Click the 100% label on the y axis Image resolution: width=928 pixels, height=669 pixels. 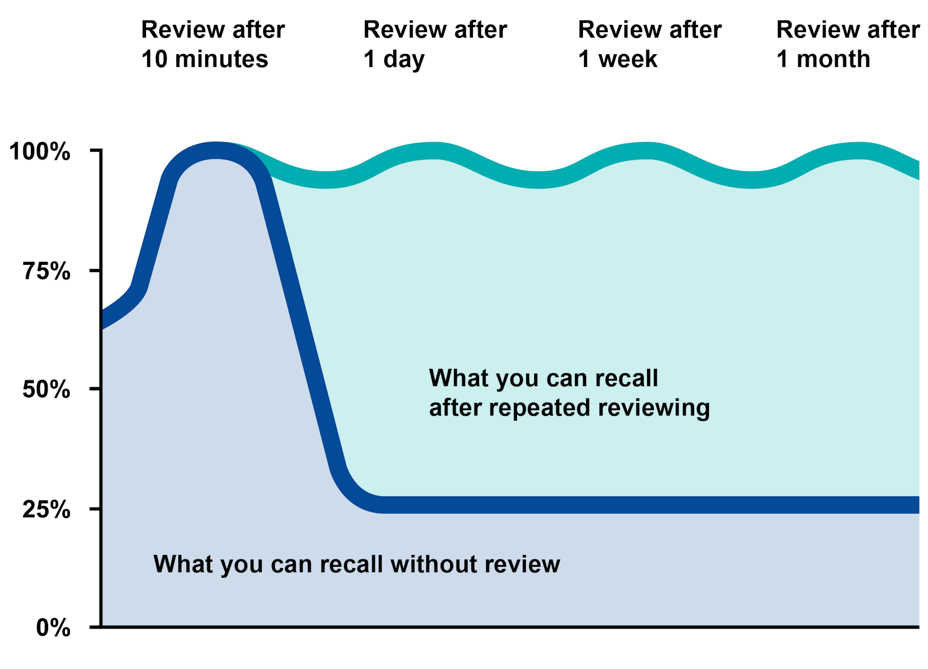pos(40,151)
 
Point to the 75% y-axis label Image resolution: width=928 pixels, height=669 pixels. pos(46,271)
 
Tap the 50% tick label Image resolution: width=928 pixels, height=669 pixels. pos(46,390)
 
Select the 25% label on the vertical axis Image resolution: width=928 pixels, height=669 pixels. pos(46,509)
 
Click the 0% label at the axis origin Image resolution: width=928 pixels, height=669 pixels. pos(53,628)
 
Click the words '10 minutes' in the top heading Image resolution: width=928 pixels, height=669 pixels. pos(205,59)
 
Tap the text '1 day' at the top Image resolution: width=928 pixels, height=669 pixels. pos(394,59)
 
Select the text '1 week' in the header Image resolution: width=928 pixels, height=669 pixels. pos(618,59)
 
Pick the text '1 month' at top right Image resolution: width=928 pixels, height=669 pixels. pos(823,59)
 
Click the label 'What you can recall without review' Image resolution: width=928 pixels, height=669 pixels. pos(356,564)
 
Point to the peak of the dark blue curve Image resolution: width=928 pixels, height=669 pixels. pos(216,150)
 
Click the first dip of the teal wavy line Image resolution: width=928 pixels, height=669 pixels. pos(326,179)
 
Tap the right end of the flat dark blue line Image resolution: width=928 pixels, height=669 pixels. pos(916,504)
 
